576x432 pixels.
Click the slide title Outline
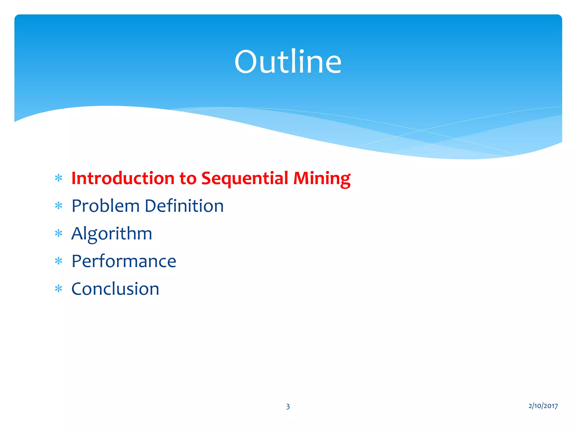[x=288, y=62]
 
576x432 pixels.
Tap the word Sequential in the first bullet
[x=245, y=178]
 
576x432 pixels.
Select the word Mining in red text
[x=322, y=178]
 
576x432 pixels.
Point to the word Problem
[x=105, y=206]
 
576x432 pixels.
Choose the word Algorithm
[x=112, y=234]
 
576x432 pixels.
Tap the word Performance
[x=124, y=261]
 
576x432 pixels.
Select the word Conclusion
[x=115, y=289]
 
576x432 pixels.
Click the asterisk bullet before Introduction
[x=58, y=178]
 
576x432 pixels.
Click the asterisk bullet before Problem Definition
[x=58, y=206]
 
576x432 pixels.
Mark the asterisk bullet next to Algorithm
[x=58, y=233]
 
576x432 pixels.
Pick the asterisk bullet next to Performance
[x=58, y=261]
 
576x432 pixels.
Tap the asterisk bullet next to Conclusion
[x=58, y=289]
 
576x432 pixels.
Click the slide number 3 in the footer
[x=288, y=406]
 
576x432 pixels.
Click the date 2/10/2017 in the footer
[x=543, y=406]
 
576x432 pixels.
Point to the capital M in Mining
[x=301, y=178]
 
